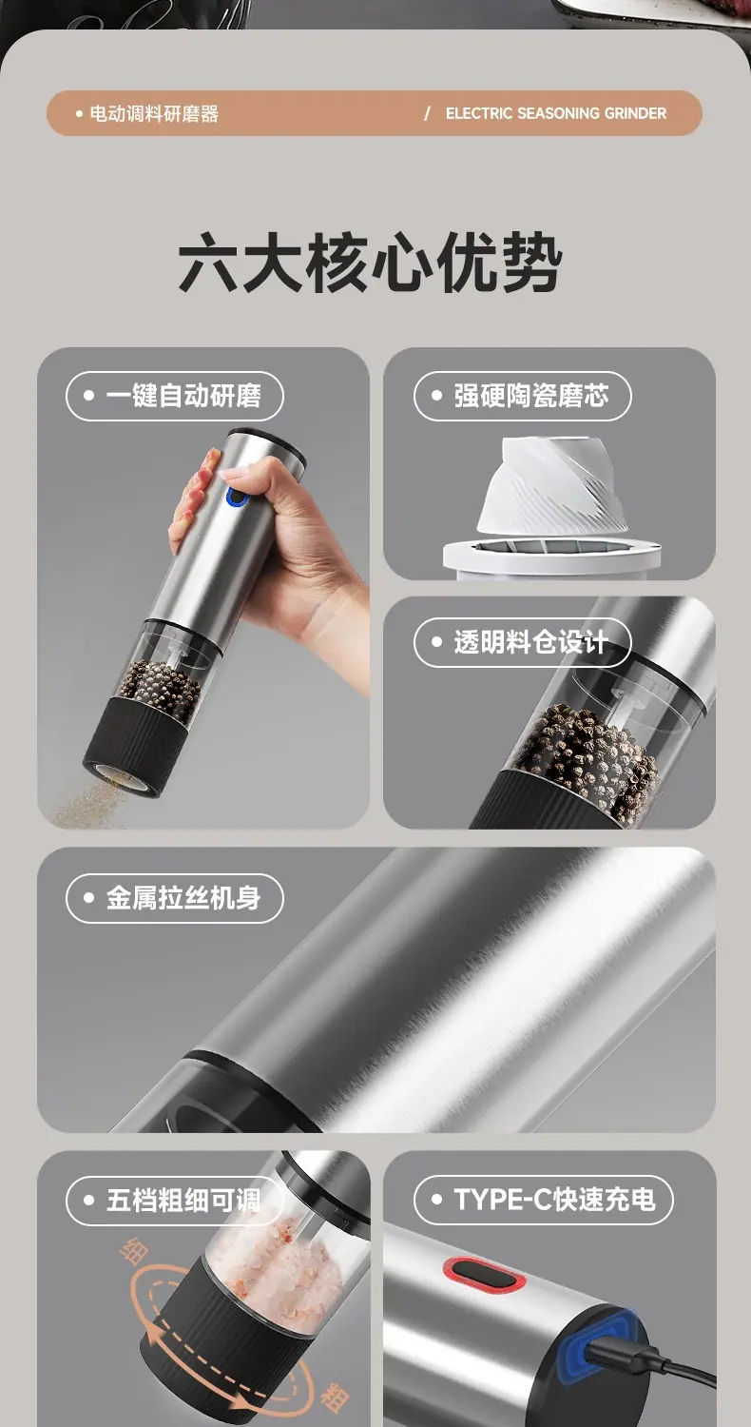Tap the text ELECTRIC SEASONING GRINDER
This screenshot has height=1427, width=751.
click(555, 113)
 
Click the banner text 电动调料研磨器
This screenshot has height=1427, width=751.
click(154, 114)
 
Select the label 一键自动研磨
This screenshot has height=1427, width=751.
click(183, 396)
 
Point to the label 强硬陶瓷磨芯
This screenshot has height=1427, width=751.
click(531, 396)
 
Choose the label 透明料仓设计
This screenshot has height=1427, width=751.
click(530, 642)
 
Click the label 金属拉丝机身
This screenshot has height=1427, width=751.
click(183, 898)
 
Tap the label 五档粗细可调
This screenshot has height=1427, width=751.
click(183, 1201)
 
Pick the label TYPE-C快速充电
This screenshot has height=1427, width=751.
click(554, 1200)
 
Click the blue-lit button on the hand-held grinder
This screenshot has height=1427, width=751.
click(237, 497)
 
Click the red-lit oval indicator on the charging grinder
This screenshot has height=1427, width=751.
click(484, 1274)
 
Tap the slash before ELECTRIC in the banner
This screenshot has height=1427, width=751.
click(427, 113)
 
